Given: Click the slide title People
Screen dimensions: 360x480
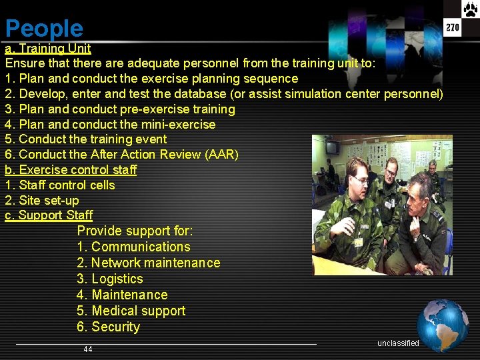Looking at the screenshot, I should (44, 29).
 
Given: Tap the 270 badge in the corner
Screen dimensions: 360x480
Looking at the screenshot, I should (453, 27).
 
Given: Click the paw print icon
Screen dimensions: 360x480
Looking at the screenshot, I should (470, 9).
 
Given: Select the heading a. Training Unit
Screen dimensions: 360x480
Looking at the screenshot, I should (48, 49).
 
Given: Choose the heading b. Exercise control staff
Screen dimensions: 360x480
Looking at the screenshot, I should (71, 170).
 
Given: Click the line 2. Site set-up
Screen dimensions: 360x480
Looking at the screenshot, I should (42, 201).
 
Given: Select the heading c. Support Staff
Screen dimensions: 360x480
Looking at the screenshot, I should (49, 215).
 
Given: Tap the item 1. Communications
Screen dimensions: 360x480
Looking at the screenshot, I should (133, 247).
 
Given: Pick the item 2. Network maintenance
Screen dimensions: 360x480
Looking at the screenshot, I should (148, 263).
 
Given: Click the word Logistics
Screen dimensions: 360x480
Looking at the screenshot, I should (117, 279).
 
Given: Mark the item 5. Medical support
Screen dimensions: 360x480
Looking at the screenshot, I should (131, 311).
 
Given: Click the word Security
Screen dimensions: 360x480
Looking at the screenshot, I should (116, 327).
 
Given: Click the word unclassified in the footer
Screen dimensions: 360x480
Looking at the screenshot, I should (398, 343).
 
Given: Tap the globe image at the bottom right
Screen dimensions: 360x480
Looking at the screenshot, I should (443, 325).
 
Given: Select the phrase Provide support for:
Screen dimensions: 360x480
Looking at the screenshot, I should (135, 231).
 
